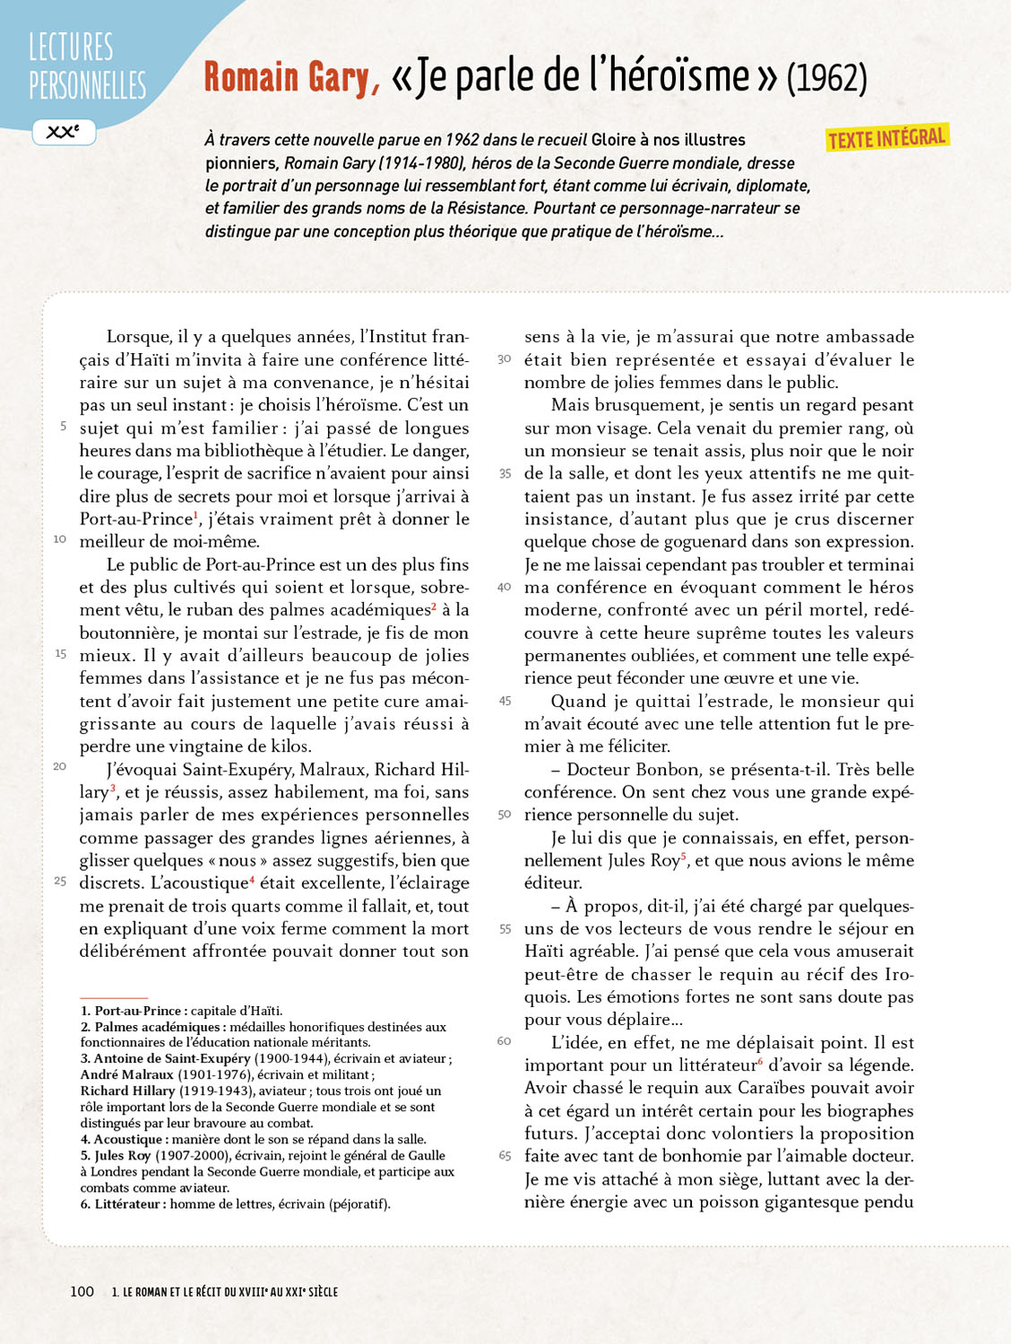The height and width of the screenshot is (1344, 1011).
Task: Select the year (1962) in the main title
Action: (826, 78)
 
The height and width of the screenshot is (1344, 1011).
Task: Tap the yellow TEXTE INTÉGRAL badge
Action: (886, 138)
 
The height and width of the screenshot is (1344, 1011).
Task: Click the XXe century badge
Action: (64, 132)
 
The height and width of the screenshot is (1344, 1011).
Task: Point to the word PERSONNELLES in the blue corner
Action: (87, 86)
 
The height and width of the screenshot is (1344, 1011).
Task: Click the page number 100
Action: (82, 1291)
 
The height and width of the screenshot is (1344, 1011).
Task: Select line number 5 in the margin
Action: (63, 426)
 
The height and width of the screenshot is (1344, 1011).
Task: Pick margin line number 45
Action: (505, 701)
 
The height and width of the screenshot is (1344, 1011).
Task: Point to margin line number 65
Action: (505, 1156)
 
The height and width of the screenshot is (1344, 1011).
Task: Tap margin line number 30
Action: (505, 359)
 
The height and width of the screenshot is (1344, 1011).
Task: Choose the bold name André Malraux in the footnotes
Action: (127, 1074)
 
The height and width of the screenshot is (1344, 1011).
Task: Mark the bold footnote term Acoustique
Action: (128, 1140)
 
